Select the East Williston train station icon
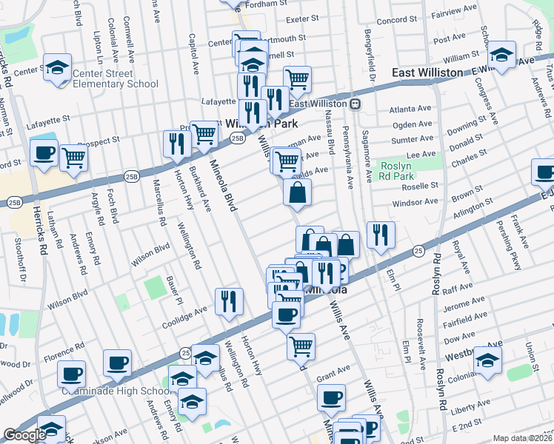(356, 104)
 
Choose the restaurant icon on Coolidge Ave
(229, 301)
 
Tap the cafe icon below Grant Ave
(331, 397)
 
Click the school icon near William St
(501, 56)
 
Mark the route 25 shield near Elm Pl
(418, 251)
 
